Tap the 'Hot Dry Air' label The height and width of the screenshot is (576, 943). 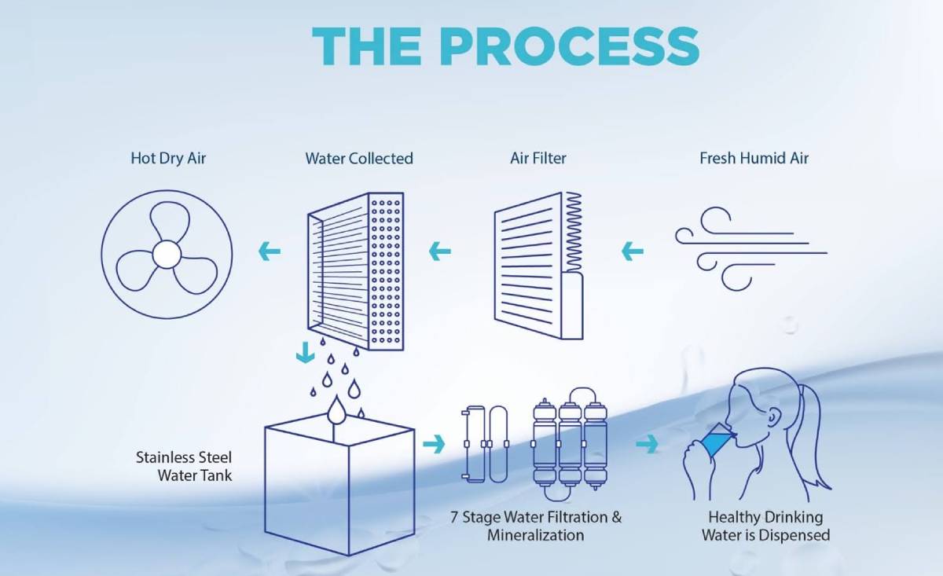pyautogui.click(x=168, y=158)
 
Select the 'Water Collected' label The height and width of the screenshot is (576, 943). pyautogui.click(x=359, y=158)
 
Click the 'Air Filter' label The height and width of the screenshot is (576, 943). pyautogui.click(x=538, y=158)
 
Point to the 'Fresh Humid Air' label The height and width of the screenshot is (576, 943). pyautogui.click(x=754, y=158)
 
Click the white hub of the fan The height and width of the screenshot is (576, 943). pyautogui.click(x=166, y=253)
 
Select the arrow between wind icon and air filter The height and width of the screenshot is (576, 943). pyautogui.click(x=632, y=252)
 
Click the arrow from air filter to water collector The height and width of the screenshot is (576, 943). pyautogui.click(x=440, y=252)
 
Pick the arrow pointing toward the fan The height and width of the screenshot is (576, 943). pyautogui.click(x=270, y=252)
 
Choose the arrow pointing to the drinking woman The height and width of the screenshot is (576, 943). pyautogui.click(x=647, y=445)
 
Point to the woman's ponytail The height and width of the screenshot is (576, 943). pyautogui.click(x=809, y=440)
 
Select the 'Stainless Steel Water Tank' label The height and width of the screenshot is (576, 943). pyautogui.click(x=184, y=466)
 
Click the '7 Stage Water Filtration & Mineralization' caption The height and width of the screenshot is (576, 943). pyautogui.click(x=536, y=526)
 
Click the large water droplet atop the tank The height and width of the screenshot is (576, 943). pyautogui.click(x=337, y=409)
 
